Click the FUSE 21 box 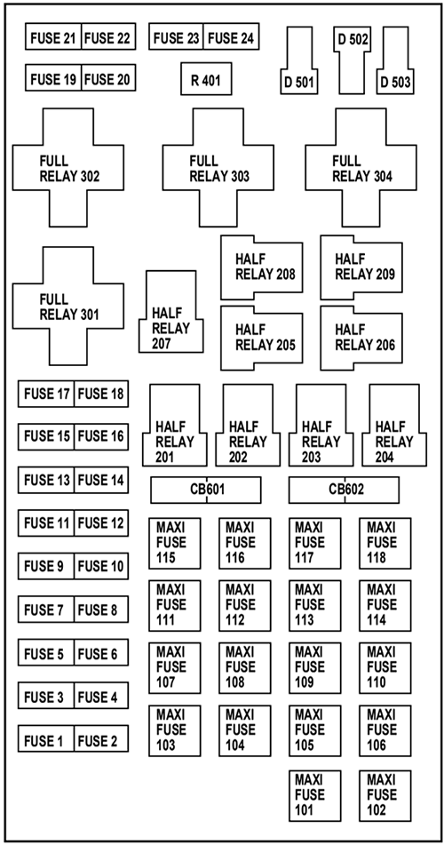(x=53, y=38)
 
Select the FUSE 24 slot (x=232, y=38)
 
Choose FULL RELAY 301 (x=67, y=306)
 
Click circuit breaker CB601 (x=206, y=490)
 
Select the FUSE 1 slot (x=45, y=739)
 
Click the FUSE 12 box (x=101, y=523)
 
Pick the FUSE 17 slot (x=45, y=394)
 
